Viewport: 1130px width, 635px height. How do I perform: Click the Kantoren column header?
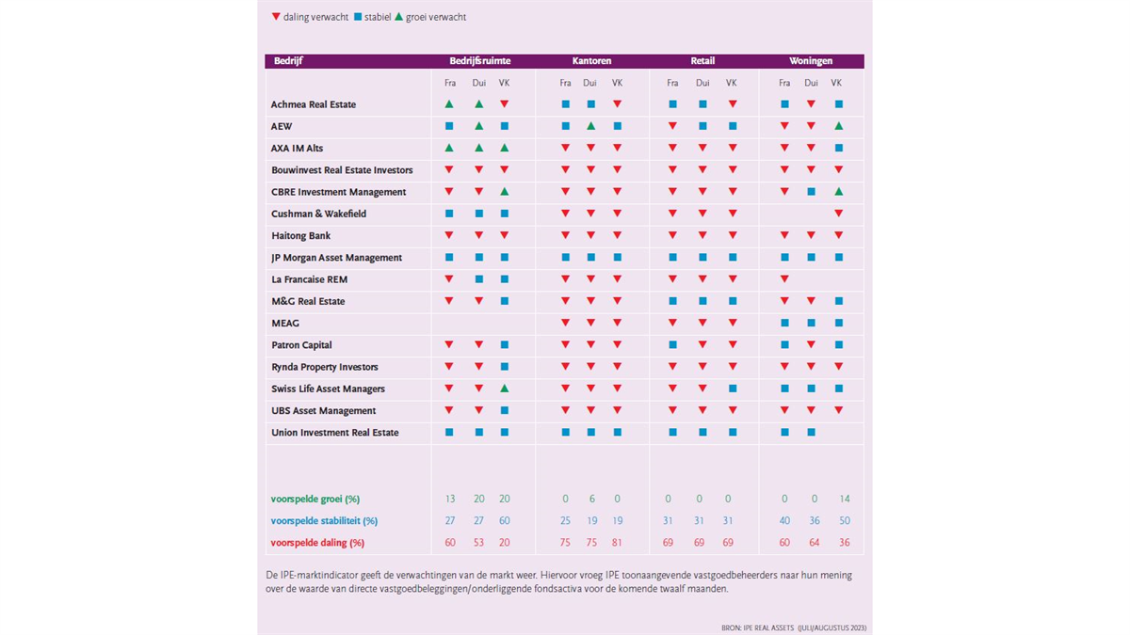[x=591, y=61]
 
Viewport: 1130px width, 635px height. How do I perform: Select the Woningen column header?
[x=811, y=61]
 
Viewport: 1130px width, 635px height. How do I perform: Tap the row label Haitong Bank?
[x=300, y=236]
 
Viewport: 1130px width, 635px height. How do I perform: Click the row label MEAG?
[x=285, y=323]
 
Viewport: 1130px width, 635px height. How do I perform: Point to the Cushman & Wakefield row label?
[x=318, y=214]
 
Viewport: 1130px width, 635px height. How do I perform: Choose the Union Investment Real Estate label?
[x=334, y=433]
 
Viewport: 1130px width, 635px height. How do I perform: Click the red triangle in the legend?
[x=276, y=17]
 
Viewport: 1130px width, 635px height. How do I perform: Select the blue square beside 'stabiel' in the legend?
[x=358, y=17]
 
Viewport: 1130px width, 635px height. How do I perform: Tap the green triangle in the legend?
[x=398, y=17]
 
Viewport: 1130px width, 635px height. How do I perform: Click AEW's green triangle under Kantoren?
[x=590, y=126]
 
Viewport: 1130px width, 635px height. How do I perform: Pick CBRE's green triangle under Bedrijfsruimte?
[x=504, y=192]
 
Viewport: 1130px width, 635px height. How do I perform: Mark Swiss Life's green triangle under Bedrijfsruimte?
[x=504, y=389]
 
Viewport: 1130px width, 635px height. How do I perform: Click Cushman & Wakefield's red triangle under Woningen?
[x=838, y=214]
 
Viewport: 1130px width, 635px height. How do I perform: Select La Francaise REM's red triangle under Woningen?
[x=784, y=279]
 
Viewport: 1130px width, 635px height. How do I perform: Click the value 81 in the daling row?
[x=617, y=543]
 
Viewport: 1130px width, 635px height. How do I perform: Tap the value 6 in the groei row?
[x=591, y=499]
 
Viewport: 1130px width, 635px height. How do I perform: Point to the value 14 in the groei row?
[x=845, y=499]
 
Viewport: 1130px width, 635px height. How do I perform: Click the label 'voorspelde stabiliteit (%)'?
[x=324, y=521]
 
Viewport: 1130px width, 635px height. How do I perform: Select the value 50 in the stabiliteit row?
[x=845, y=520]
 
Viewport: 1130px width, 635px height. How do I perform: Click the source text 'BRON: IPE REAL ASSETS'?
[x=758, y=628]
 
